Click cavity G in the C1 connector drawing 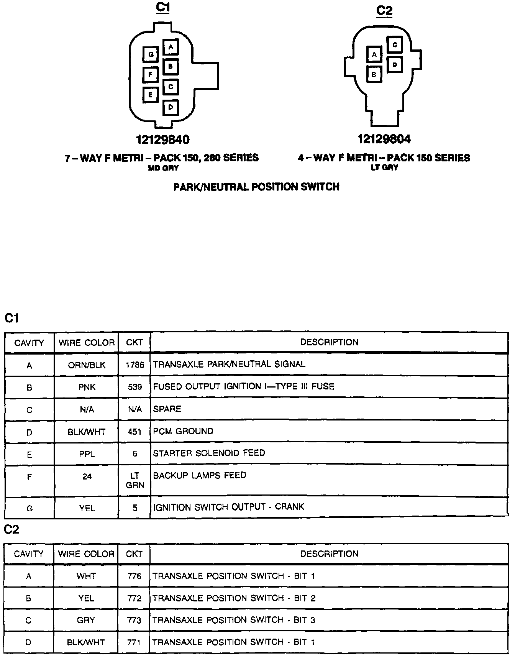pos(151,54)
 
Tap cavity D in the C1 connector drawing pos(171,107)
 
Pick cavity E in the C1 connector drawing pos(151,95)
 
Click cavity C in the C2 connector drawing pos(394,44)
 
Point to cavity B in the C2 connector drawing pos(374,74)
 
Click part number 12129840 pos(162,140)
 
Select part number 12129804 pos(384,139)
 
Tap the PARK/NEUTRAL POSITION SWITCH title pos(256,187)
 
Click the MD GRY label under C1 pos(163,168)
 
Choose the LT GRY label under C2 pos(384,168)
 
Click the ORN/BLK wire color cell pos(87,365)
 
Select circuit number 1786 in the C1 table pos(134,365)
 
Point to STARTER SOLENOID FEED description pos(209,453)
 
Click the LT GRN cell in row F pos(134,481)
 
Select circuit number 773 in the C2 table pos(134,620)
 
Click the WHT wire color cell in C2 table pos(86,576)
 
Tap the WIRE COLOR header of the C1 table pos(87,343)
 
